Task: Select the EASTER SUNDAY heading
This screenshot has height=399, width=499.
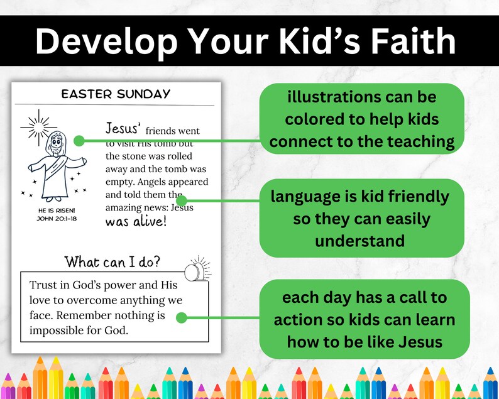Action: pos(116,94)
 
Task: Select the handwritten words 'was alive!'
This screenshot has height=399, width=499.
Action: pos(136,221)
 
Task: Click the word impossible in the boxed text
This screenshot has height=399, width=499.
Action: pos(57,330)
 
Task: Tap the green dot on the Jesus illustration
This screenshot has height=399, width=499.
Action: pos(79,140)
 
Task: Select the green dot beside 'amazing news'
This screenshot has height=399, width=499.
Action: pos(182,201)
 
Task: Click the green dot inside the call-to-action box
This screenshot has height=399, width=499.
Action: pos(181,318)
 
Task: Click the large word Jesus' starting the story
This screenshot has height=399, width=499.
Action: pos(122,129)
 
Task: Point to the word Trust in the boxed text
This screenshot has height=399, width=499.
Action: pos(43,285)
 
